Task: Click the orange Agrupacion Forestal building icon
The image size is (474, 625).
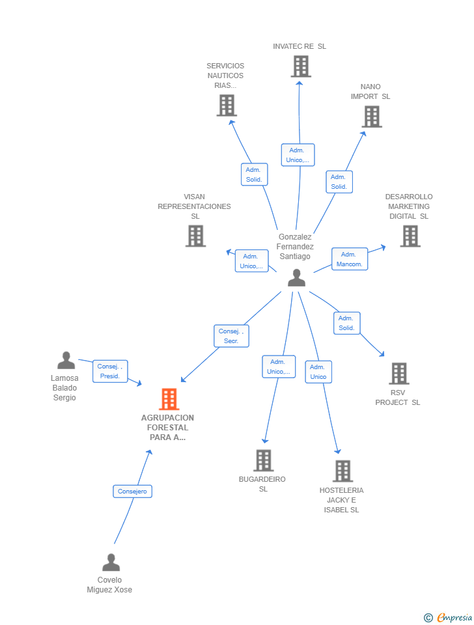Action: [x=169, y=399]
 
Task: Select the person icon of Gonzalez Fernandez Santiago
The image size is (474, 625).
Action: [x=296, y=277]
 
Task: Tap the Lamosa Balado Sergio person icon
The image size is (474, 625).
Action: [x=66, y=360]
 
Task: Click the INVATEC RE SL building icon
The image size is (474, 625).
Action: [x=300, y=66]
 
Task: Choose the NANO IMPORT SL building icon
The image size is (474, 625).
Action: [x=371, y=117]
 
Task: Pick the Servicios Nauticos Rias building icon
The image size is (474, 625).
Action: [x=226, y=105]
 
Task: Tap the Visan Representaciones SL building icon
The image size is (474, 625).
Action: [x=195, y=236]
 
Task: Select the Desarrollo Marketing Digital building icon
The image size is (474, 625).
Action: [x=410, y=236]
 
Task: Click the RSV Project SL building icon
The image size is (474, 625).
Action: [x=398, y=374]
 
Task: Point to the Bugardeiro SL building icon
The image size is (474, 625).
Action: [x=263, y=460]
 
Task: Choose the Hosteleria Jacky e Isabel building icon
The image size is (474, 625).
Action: [x=342, y=471]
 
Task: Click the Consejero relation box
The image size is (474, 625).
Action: [x=132, y=492]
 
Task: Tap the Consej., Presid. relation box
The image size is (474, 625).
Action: [x=110, y=371]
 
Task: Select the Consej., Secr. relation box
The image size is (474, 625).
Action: [x=231, y=336]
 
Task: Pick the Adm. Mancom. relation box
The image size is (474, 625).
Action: [x=350, y=259]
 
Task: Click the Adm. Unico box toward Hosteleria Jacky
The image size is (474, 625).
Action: [x=318, y=372]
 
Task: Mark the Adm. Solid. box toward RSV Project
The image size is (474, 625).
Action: [x=346, y=323]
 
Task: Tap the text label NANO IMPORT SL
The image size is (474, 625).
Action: [x=370, y=92]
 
